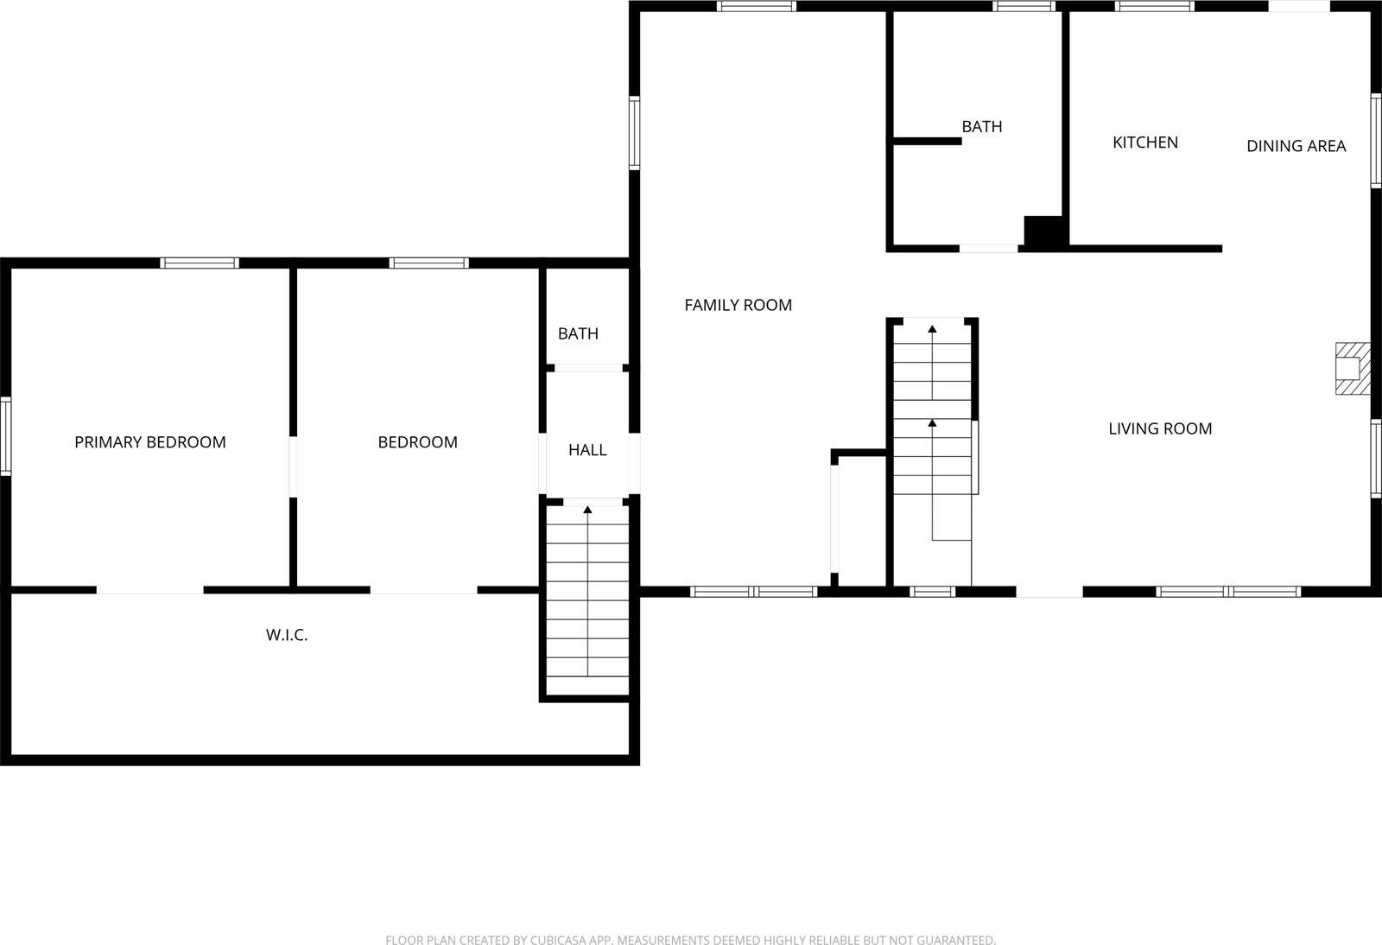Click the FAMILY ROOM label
[x=738, y=305]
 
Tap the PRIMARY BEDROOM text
[x=150, y=442]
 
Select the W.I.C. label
[x=287, y=635]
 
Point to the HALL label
[x=587, y=450]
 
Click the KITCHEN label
[x=1144, y=143]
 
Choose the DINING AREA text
[x=1296, y=146]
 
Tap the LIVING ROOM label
[x=1160, y=428]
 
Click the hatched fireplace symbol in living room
[x=1353, y=369]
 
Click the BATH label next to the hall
[x=578, y=333]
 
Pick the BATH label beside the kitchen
[x=982, y=126]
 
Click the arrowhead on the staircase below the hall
[x=587, y=510]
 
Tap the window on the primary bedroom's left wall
[x=5, y=435]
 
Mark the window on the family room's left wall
[x=634, y=132]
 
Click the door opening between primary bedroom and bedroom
[x=293, y=467]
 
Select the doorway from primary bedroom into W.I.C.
[x=149, y=590]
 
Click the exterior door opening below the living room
[x=1049, y=592]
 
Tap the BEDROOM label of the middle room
[x=417, y=442]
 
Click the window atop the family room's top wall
[x=756, y=6]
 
